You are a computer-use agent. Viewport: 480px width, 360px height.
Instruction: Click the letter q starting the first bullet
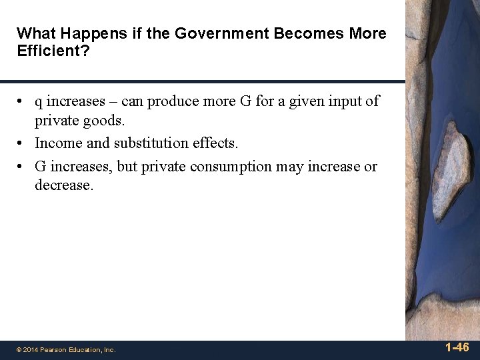[39, 101]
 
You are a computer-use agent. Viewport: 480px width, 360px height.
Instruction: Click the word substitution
[152, 143]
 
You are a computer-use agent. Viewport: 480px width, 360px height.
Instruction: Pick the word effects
[215, 143]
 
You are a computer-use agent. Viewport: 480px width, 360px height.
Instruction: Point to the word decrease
[64, 185]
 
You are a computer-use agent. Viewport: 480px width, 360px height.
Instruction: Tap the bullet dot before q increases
[22, 102]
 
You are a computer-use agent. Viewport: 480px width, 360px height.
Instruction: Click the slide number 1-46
[457, 347]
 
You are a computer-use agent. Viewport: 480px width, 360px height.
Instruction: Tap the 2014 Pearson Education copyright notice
[66, 349]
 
